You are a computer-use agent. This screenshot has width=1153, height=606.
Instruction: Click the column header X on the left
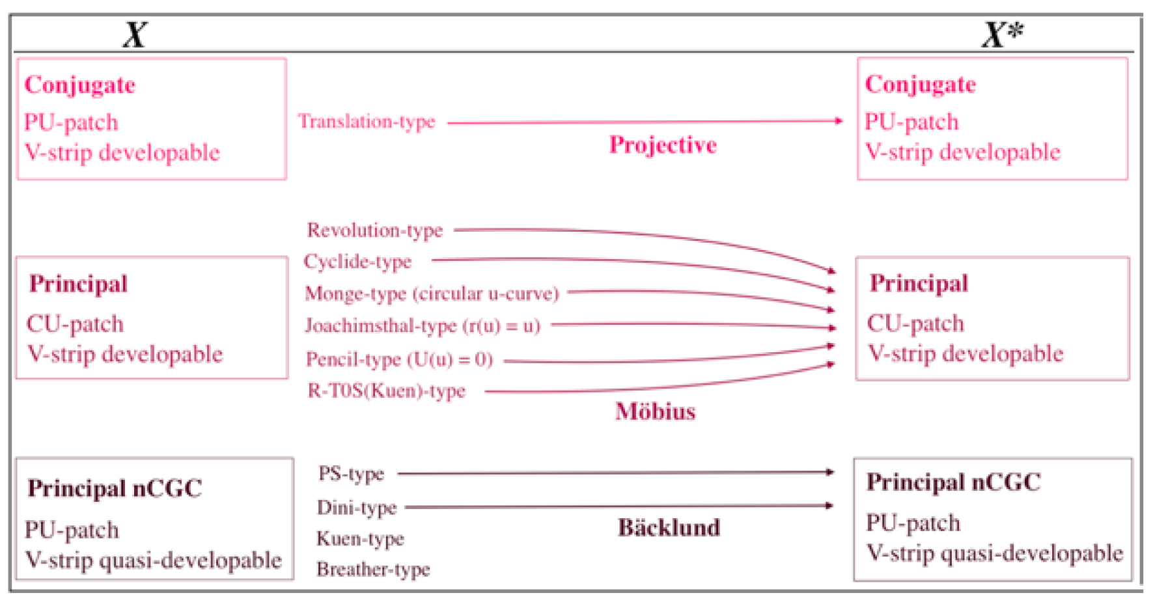tap(135, 34)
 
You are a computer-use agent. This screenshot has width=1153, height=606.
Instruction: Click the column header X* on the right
tap(1001, 34)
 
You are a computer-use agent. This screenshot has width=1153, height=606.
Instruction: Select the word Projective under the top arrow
tap(662, 145)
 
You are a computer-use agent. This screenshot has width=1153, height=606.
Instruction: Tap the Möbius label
tap(655, 411)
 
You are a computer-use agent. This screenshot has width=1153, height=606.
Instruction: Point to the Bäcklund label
tap(669, 527)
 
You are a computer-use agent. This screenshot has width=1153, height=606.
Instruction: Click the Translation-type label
tap(367, 121)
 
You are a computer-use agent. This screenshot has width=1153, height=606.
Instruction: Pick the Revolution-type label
tap(375, 230)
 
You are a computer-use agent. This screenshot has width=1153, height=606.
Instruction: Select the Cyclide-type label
tap(357, 262)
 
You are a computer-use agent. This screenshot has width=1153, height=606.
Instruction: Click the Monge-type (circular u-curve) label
tap(432, 294)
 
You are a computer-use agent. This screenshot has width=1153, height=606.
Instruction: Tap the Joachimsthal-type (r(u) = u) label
tap(423, 325)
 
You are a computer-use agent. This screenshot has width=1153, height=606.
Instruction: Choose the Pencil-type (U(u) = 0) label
tap(399, 359)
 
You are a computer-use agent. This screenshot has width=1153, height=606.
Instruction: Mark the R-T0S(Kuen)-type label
tap(387, 391)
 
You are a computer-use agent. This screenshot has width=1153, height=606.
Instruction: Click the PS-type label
tap(351, 474)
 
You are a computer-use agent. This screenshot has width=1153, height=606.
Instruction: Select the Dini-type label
tap(357, 508)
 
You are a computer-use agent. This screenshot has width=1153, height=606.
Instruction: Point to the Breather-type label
tap(373, 570)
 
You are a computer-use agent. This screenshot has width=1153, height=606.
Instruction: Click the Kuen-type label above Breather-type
tap(360, 539)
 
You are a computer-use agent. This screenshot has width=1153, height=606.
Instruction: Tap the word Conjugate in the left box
tap(80, 85)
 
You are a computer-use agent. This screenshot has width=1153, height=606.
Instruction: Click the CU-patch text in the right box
tap(915, 324)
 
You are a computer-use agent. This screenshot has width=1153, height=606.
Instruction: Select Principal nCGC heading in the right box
tap(953, 482)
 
